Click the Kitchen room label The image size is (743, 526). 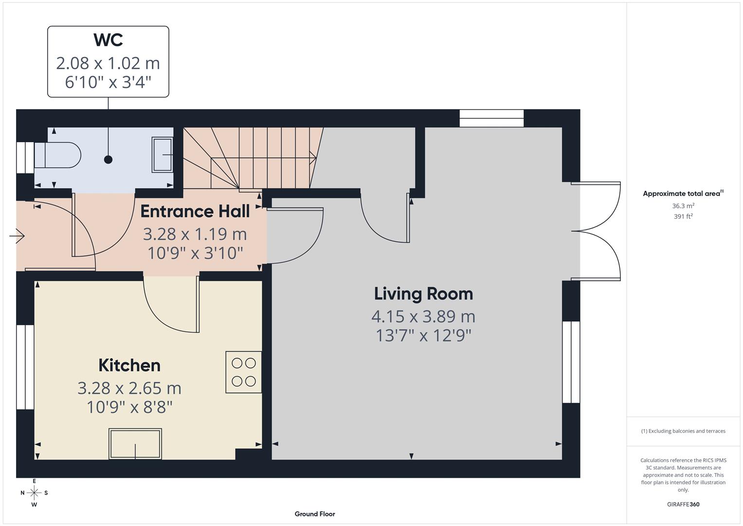(129, 365)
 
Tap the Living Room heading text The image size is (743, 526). (423, 294)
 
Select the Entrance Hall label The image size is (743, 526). (195, 211)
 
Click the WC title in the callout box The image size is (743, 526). (108, 40)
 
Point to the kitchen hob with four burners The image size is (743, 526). (244, 372)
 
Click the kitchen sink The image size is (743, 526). (135, 444)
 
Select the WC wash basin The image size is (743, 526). (163, 155)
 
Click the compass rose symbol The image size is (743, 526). (34, 493)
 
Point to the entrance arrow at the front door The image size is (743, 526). (17, 237)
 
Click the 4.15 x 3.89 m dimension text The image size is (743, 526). (423, 317)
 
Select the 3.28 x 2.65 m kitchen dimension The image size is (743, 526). (129, 388)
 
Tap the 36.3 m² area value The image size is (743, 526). (683, 206)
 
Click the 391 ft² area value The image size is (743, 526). (683, 217)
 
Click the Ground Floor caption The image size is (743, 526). (315, 514)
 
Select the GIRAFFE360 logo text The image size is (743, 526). (683, 505)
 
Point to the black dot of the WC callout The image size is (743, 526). (108, 160)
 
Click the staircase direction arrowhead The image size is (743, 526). (314, 158)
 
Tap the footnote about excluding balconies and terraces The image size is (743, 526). (683, 431)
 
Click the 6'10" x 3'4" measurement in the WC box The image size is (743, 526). (108, 82)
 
